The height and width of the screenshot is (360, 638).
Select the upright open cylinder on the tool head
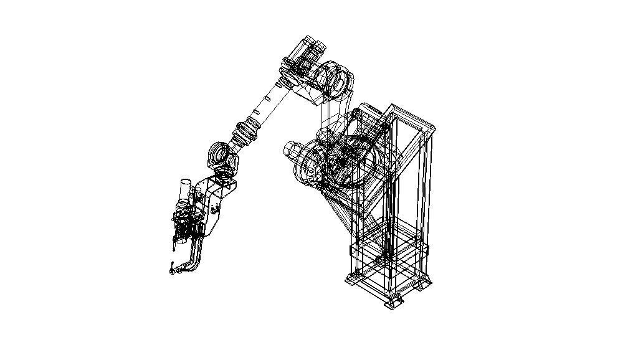coord(186,189)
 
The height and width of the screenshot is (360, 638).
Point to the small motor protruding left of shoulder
coord(291,149)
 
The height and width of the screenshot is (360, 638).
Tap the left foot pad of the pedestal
coord(350,281)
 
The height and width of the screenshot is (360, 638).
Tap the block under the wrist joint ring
coord(225,182)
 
